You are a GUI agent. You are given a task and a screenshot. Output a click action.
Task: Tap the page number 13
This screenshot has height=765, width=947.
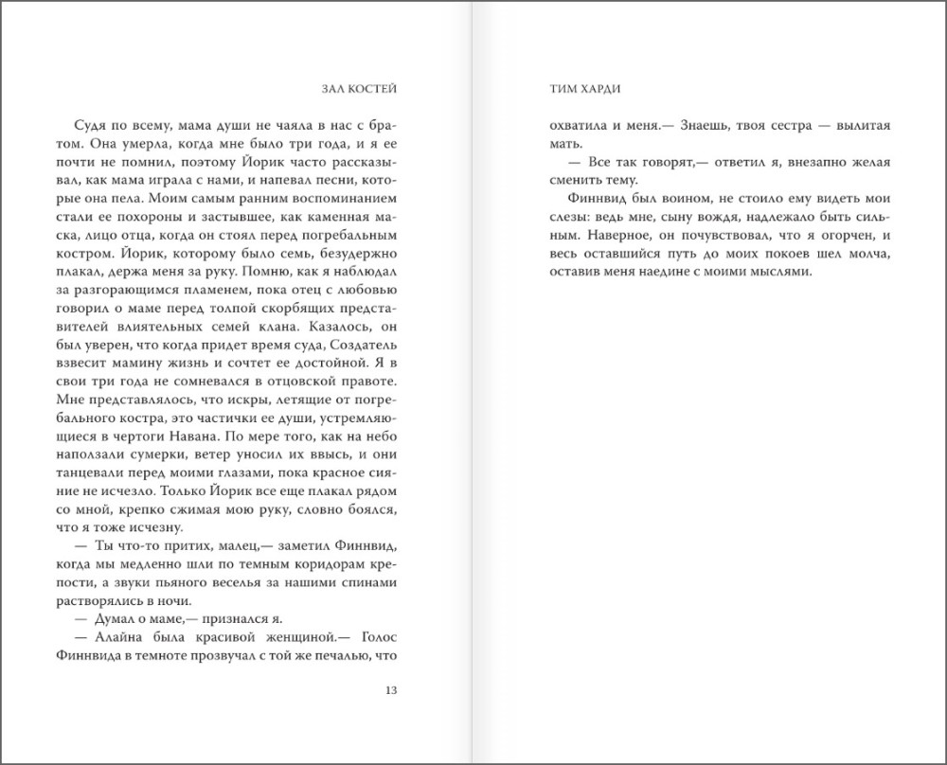[390, 689]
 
